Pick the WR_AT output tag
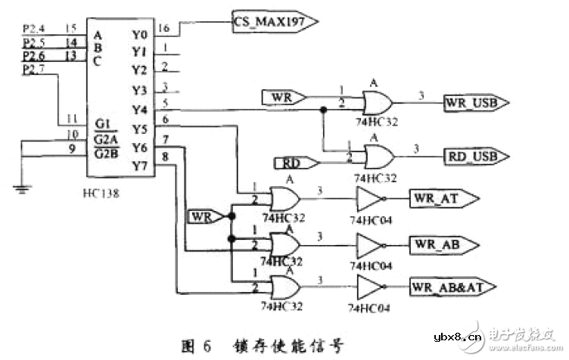point(443,199)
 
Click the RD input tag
point(288,163)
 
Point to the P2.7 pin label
point(33,70)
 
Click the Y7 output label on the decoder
point(138,164)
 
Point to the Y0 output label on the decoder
point(138,34)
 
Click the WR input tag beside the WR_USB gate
point(283,97)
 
